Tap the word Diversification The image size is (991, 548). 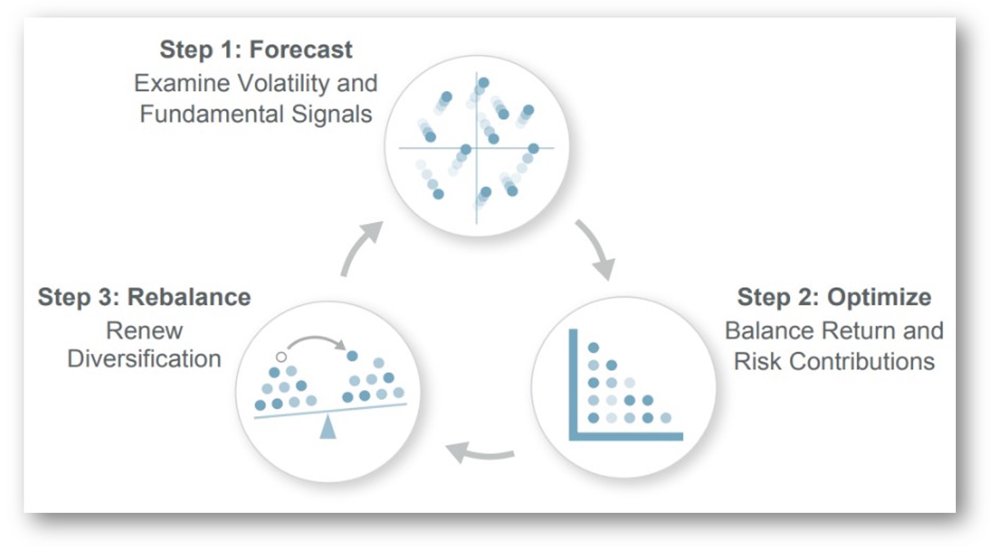click(x=145, y=359)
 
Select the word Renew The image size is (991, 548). click(x=145, y=331)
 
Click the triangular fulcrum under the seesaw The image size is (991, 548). click(x=328, y=428)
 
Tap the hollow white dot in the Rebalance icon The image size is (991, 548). click(x=282, y=357)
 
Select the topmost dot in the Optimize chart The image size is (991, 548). click(x=594, y=348)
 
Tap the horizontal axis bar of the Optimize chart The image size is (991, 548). click(x=626, y=436)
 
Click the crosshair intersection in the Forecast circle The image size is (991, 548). click(x=477, y=147)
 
